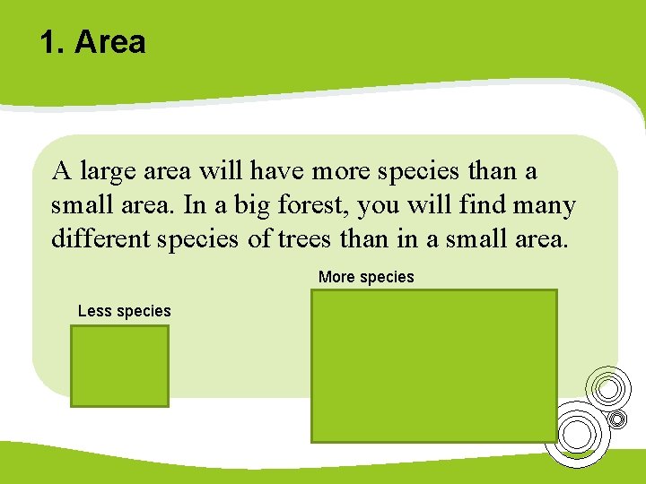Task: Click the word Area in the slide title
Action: pyautogui.click(x=109, y=42)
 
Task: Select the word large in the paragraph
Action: pyautogui.click(x=107, y=171)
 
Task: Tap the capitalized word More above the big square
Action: pyautogui.click(x=336, y=277)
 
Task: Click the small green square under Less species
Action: pyautogui.click(x=120, y=366)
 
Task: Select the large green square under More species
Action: pyautogui.click(x=434, y=366)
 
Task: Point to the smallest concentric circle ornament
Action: pyautogui.click(x=616, y=419)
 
